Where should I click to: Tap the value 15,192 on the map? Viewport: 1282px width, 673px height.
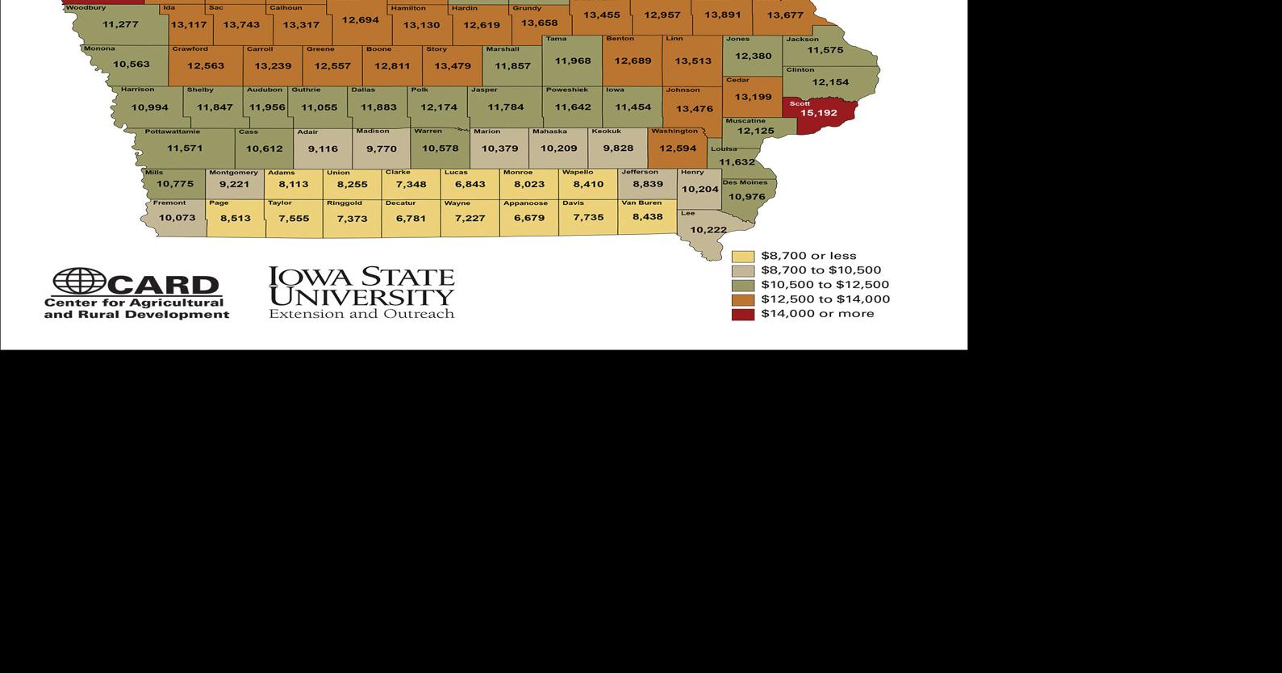[818, 113]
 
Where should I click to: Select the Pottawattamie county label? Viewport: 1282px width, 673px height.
[173, 132]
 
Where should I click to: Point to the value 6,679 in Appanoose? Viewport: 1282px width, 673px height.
[529, 218]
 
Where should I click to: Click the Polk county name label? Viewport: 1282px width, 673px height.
[420, 90]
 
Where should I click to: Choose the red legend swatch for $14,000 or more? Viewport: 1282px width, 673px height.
[742, 314]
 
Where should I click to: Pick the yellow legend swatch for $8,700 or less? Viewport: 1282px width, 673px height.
[742, 257]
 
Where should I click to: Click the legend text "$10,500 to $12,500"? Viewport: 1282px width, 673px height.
[825, 285]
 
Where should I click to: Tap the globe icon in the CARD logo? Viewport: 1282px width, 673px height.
[79, 282]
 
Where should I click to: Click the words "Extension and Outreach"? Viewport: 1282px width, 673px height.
[361, 314]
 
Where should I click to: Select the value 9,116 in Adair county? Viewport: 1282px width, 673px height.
[323, 149]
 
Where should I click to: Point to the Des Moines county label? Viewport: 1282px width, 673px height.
[745, 182]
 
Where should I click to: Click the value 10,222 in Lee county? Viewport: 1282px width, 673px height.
[708, 230]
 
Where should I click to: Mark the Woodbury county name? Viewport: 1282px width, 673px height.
[86, 8]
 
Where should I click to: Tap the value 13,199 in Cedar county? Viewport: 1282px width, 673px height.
[753, 97]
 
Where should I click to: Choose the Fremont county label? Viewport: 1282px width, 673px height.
[169, 203]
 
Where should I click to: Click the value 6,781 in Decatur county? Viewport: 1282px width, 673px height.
[411, 219]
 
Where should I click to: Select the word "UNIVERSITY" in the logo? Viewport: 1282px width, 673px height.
[361, 297]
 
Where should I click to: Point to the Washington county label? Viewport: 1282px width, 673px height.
[674, 132]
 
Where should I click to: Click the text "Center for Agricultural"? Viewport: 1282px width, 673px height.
[134, 303]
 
